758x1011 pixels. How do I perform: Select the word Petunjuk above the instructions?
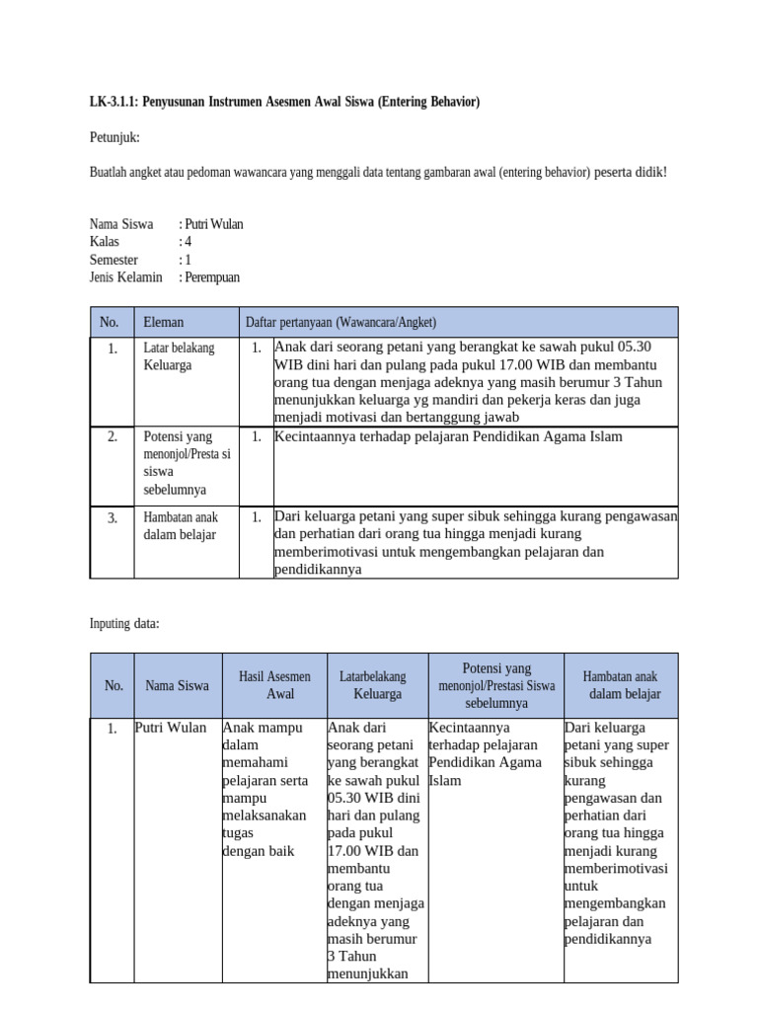(114, 136)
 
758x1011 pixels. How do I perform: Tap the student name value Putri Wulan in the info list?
(213, 224)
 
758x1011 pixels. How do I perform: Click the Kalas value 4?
(188, 242)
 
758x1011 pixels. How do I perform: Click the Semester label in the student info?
(114, 260)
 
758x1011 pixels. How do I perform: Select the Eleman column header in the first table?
(164, 322)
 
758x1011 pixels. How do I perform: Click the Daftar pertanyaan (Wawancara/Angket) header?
(341, 322)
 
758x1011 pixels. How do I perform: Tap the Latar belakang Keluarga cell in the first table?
(179, 356)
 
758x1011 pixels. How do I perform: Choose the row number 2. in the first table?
(113, 436)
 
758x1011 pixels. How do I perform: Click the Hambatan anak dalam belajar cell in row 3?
(181, 526)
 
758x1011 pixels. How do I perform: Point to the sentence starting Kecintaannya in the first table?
(448, 436)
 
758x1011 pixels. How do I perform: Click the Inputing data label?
(124, 623)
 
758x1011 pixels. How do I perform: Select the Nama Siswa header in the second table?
(178, 685)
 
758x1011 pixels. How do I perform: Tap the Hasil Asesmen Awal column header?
(274, 685)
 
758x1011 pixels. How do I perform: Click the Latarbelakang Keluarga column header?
(376, 685)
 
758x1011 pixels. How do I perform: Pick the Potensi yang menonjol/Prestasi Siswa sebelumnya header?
(496, 685)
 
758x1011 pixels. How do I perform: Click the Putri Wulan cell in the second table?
(171, 728)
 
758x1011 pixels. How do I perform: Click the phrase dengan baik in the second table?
(259, 851)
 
